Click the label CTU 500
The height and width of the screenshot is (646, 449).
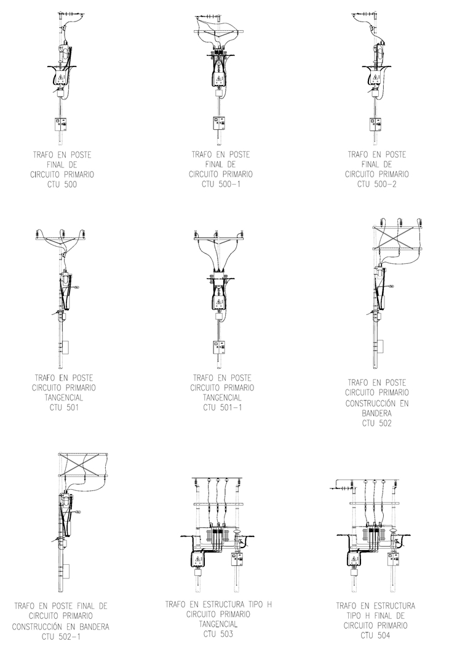(x=62, y=185)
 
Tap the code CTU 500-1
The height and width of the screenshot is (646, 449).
(x=221, y=184)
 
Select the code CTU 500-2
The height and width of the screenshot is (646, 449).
(x=376, y=184)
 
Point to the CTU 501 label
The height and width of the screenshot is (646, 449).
(x=64, y=408)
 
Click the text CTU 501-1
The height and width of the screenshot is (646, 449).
(x=223, y=408)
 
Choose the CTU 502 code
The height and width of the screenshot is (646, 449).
(x=377, y=423)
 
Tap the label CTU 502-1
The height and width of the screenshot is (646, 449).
(x=61, y=637)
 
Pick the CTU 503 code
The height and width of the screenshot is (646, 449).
(x=218, y=634)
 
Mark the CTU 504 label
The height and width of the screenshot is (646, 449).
(x=375, y=636)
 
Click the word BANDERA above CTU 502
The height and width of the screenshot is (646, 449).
(x=377, y=413)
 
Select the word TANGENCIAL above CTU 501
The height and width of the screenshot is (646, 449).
(x=64, y=397)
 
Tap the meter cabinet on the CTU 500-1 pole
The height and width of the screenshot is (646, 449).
(x=220, y=123)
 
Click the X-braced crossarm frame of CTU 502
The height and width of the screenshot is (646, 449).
(x=397, y=237)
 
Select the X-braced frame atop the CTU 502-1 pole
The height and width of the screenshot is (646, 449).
(x=83, y=465)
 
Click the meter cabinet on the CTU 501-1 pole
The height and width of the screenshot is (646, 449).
(x=220, y=348)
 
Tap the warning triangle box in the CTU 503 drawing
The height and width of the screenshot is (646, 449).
(x=198, y=559)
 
